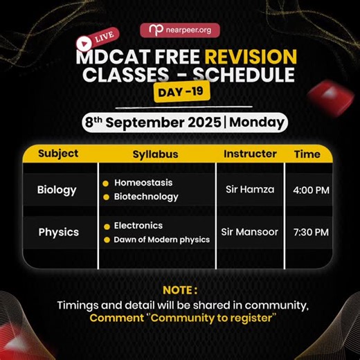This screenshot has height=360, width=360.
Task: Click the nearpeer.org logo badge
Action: (179, 30)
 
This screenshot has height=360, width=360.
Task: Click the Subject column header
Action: (58, 154)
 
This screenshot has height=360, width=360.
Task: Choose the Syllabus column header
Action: (155, 154)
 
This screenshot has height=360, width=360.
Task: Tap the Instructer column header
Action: (250, 154)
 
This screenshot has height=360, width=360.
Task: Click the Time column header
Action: (307, 154)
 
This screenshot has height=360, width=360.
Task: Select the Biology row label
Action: (57, 190)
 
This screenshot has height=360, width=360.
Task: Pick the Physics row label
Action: (58, 232)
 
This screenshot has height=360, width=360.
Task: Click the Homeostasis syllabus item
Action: (143, 183)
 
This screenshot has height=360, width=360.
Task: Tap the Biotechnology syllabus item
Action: (146, 197)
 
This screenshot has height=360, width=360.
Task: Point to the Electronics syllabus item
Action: (138, 226)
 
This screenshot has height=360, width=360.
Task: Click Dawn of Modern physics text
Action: (161, 240)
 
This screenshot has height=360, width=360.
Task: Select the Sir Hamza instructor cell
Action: (250, 190)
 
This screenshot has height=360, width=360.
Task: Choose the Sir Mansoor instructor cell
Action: (250, 232)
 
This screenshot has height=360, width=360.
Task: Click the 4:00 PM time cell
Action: (311, 190)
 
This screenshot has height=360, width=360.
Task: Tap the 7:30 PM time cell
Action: (311, 232)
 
